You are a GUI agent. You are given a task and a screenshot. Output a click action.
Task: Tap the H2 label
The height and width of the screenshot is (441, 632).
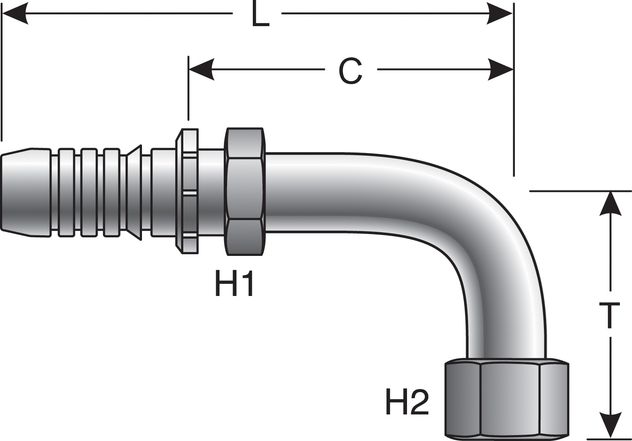coord(407,403)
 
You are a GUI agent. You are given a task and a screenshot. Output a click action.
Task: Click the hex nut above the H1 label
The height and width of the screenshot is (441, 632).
coord(244,191)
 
